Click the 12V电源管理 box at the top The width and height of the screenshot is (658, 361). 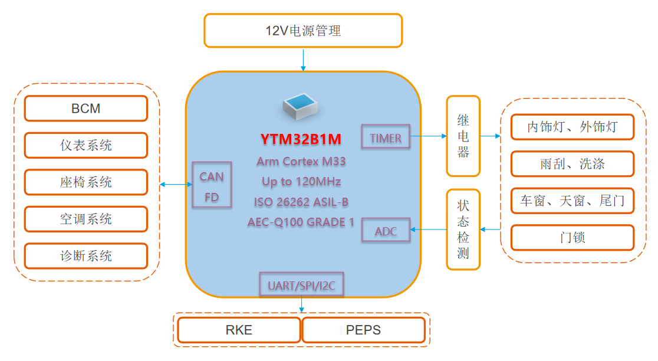(x=303, y=31)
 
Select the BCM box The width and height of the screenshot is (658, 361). (x=86, y=109)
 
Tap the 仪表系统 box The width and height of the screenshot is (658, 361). (x=86, y=145)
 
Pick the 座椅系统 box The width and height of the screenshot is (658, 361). (x=86, y=182)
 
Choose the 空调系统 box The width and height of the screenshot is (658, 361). (x=86, y=219)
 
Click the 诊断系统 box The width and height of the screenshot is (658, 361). (x=86, y=256)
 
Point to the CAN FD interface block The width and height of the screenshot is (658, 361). (x=212, y=186)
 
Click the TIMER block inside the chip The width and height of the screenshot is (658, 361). (x=386, y=138)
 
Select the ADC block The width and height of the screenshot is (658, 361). (x=386, y=231)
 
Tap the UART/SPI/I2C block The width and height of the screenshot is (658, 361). (x=301, y=285)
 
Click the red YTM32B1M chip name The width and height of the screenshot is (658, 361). (x=301, y=139)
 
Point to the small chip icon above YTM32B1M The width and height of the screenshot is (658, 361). (x=301, y=105)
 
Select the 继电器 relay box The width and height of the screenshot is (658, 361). (x=463, y=136)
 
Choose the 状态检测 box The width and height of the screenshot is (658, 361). (x=463, y=229)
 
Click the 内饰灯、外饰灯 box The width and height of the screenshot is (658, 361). (x=572, y=127)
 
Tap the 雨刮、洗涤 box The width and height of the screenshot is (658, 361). (x=572, y=164)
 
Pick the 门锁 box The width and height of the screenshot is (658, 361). (x=572, y=238)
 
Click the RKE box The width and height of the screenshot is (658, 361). (x=239, y=330)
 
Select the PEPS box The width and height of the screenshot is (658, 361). (x=363, y=330)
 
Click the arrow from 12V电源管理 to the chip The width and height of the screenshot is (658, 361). (x=303, y=60)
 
